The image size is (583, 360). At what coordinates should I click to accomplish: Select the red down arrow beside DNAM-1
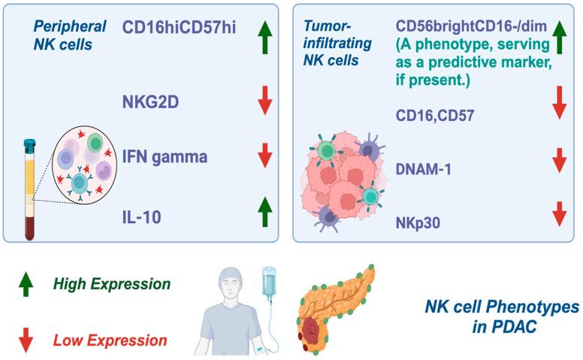pos(558,160)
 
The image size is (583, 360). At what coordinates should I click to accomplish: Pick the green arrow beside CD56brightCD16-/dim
pos(558,34)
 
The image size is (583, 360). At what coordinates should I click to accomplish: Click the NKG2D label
pos(151,98)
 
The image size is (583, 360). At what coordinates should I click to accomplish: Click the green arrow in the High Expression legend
pos(27,285)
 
